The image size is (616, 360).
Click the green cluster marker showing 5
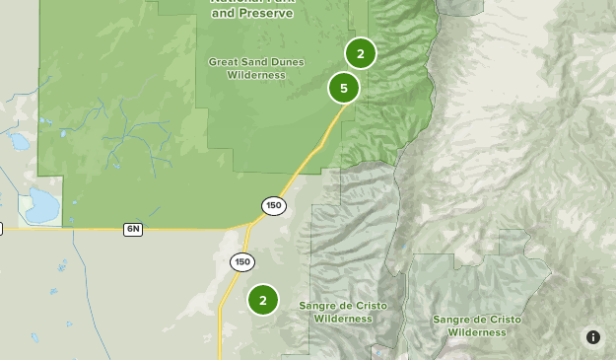(x=344, y=88)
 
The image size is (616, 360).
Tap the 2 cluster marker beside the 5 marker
(x=361, y=53)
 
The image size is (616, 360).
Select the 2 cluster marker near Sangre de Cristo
(x=263, y=300)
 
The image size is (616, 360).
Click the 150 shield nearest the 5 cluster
(x=273, y=206)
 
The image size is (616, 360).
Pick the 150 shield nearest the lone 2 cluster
(x=242, y=261)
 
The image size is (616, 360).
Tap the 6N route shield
(x=133, y=229)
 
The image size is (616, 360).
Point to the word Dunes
(x=287, y=62)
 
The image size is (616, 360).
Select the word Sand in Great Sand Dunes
(x=253, y=62)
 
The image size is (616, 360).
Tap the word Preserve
(x=266, y=14)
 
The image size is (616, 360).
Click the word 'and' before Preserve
(x=222, y=14)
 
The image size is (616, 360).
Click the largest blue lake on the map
(x=42, y=205)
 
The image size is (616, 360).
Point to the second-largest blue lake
(x=19, y=141)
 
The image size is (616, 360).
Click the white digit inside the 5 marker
(x=344, y=88)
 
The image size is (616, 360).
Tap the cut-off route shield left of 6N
(x=1, y=229)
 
